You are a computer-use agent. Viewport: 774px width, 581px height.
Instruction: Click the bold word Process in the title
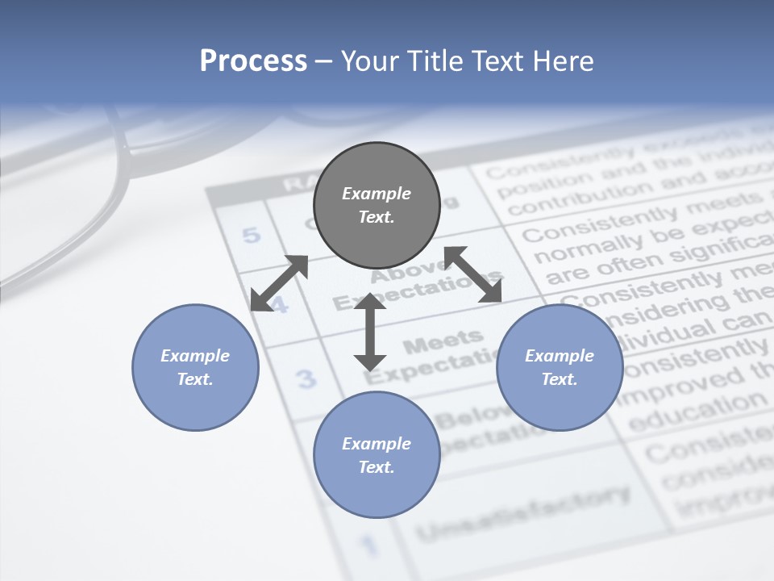click(x=253, y=61)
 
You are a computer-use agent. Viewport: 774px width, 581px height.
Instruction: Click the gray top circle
click(x=377, y=205)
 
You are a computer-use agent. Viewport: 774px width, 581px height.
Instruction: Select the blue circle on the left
click(x=195, y=367)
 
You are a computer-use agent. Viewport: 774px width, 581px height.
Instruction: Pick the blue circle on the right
click(x=560, y=367)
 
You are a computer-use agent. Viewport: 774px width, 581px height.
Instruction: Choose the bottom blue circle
click(x=377, y=454)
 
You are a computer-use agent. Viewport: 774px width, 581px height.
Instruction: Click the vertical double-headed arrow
click(x=370, y=331)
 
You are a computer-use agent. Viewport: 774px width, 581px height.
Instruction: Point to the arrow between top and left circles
click(x=279, y=283)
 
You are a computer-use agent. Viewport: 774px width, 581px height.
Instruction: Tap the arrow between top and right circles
click(x=473, y=274)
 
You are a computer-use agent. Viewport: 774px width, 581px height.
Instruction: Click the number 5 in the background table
click(x=252, y=236)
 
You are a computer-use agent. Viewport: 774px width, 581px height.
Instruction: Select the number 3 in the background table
click(x=306, y=378)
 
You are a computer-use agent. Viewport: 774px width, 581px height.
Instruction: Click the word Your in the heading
click(x=368, y=61)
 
